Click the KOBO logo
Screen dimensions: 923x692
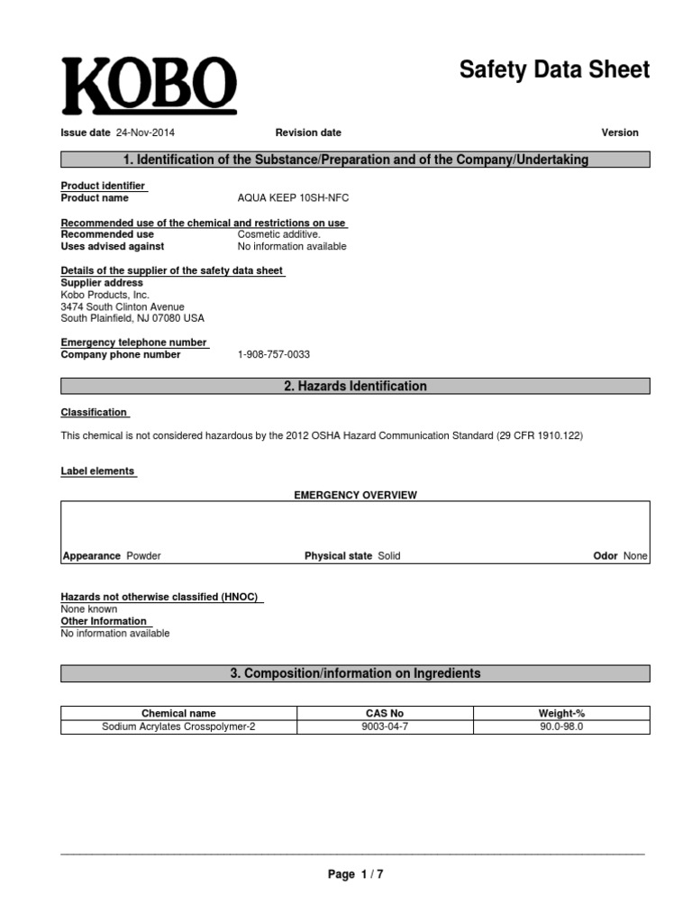pos(149,87)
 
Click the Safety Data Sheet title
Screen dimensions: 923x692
pos(553,70)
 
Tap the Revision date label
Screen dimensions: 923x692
pos(308,133)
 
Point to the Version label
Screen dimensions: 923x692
pos(620,133)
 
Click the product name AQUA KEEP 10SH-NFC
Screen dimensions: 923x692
pos(292,198)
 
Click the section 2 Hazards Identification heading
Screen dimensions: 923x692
pos(355,386)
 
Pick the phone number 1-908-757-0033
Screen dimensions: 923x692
pos(274,355)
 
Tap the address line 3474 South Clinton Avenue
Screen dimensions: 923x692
pos(122,306)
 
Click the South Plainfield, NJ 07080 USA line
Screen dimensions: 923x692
pos(132,318)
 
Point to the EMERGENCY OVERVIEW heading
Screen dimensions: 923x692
pos(356,495)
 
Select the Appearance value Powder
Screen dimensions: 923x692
pos(144,556)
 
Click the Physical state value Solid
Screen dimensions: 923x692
pos(389,556)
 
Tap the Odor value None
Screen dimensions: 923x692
pos(635,556)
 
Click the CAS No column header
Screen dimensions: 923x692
pos(385,713)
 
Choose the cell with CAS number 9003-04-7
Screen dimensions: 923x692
pos(385,727)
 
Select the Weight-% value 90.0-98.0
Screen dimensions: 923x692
pos(561,727)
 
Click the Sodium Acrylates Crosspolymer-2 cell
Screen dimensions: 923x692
pos(178,727)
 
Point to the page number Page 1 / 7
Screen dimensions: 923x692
pos(355,874)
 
